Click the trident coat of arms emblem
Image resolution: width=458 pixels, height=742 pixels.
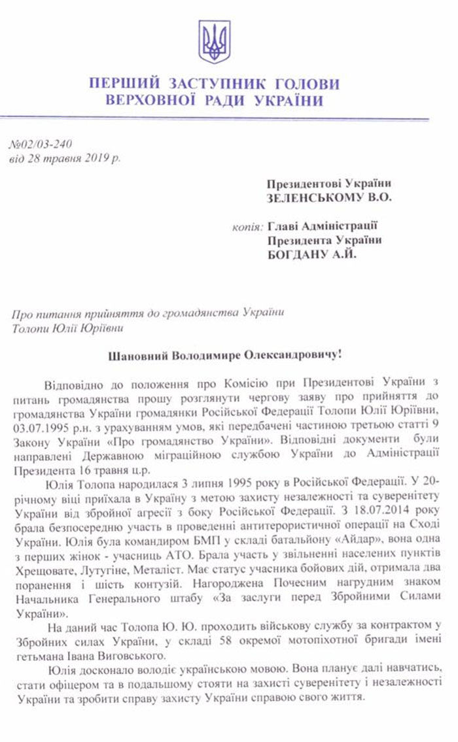click(x=214, y=42)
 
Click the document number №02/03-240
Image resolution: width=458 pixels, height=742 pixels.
click(x=41, y=144)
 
